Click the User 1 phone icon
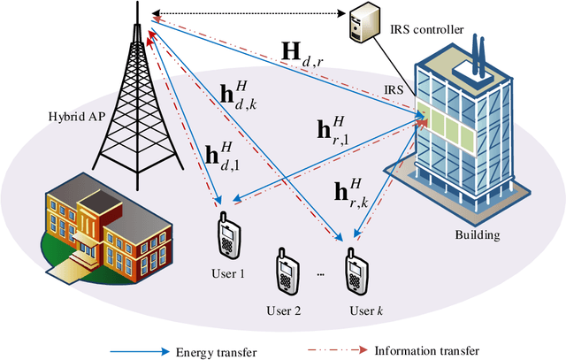click(226, 235)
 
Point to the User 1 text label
click(228, 274)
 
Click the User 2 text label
click(284, 310)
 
